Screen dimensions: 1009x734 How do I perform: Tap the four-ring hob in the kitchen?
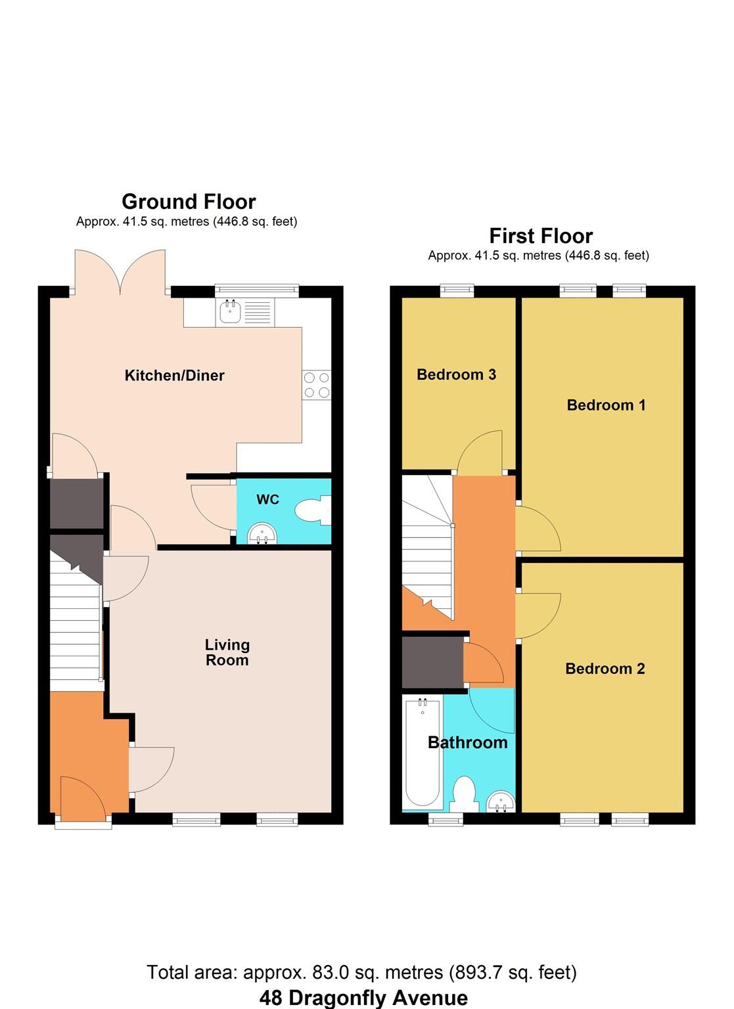tap(316, 385)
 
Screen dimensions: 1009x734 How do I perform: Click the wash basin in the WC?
tap(263, 535)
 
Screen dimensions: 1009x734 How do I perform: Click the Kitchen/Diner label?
tap(174, 376)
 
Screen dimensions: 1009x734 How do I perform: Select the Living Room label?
tap(227, 652)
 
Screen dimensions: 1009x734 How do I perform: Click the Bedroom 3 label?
tap(456, 374)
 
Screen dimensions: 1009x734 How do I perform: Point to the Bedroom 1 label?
tap(606, 405)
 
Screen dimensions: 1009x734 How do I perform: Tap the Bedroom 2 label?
tap(605, 669)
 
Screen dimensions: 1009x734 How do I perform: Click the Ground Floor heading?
tap(189, 202)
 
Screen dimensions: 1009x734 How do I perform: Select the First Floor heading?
tap(541, 236)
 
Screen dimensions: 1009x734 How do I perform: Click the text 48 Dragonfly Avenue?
tap(363, 998)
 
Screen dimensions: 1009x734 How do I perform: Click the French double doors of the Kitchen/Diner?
tap(120, 273)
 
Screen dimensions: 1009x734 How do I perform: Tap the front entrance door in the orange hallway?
tap(83, 798)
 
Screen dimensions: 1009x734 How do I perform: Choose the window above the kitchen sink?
tap(257, 289)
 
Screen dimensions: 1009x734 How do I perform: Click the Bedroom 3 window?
tap(457, 289)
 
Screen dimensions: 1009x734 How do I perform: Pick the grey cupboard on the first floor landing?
tap(432, 662)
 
